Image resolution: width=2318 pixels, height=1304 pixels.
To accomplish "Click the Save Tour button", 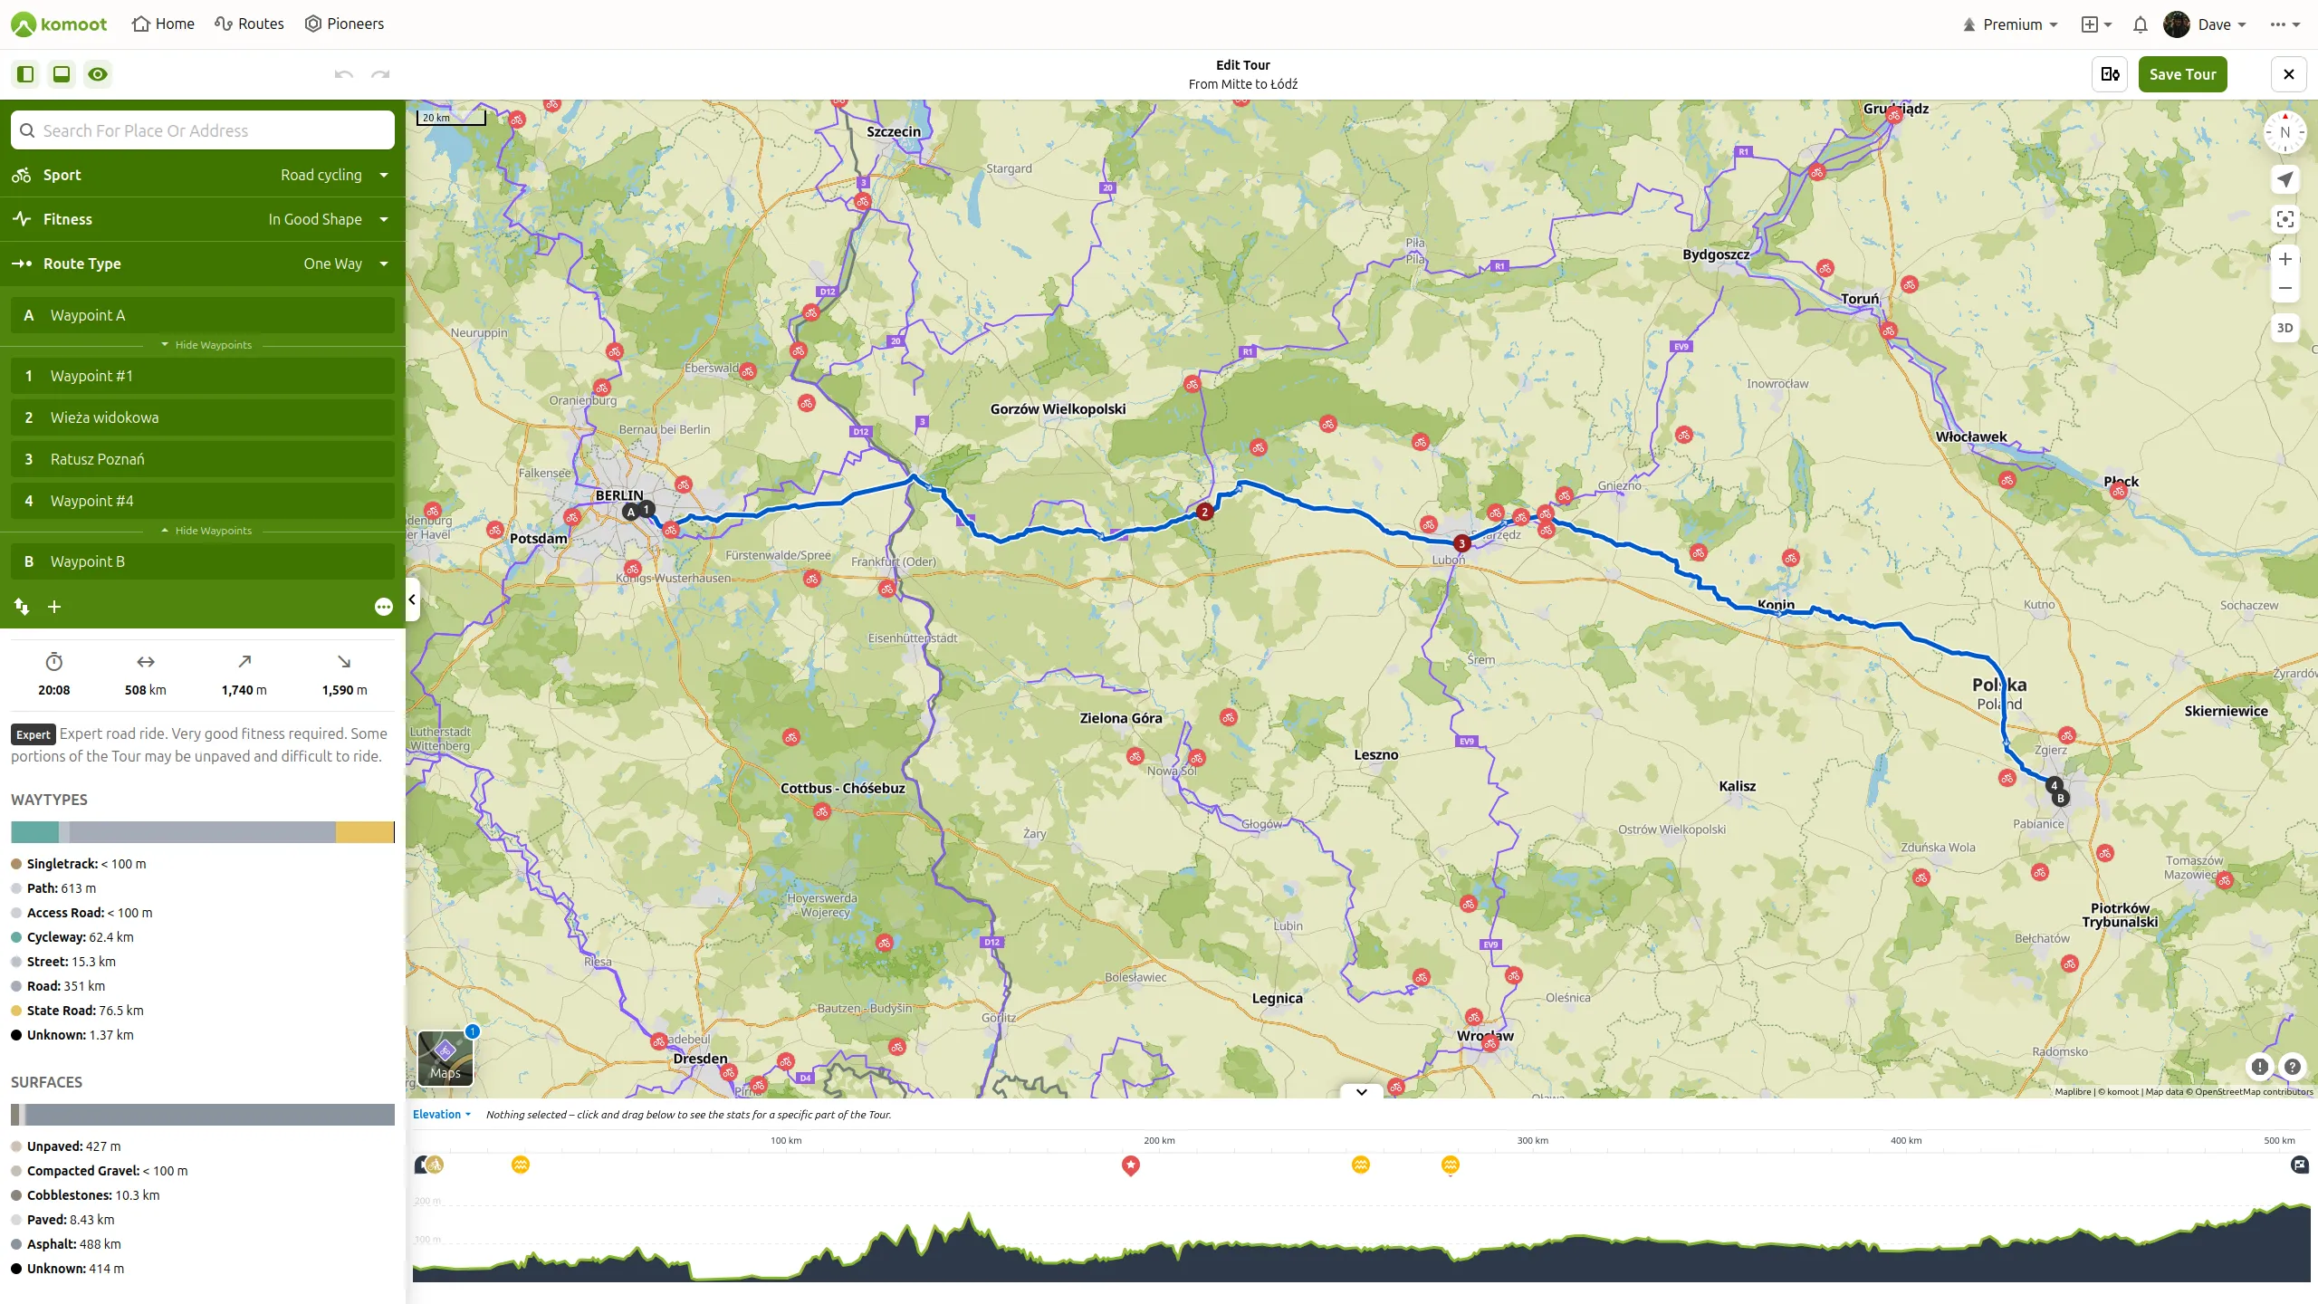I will [2182, 74].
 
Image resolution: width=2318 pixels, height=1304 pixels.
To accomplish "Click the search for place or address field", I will [203, 130].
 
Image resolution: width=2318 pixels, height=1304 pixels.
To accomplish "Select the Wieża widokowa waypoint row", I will [203, 417].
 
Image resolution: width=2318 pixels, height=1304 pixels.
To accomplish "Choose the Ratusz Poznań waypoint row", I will [203, 459].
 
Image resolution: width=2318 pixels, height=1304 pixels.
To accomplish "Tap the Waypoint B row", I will [203, 561].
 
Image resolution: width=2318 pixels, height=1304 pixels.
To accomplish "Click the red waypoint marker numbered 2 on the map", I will [1204, 512].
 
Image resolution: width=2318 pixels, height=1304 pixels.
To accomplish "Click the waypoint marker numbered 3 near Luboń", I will [1461, 543].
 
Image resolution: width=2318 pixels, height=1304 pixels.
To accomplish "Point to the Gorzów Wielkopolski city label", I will [1058, 409].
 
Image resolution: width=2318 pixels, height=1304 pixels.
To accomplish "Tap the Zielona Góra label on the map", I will [1120, 718].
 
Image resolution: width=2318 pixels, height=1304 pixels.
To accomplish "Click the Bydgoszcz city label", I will [1716, 254].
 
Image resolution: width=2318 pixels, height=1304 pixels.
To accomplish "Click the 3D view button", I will [2284, 328].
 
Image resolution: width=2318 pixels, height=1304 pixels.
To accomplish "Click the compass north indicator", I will [2284, 132].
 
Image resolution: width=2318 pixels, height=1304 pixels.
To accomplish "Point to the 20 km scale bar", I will [451, 118].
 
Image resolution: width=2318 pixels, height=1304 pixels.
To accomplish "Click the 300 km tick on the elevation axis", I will [1532, 1141].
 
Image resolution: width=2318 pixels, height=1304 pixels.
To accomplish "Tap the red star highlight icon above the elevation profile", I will [1130, 1165].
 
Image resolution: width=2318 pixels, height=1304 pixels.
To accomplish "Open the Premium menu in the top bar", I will [2010, 24].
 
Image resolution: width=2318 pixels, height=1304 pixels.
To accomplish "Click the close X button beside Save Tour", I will [2288, 74].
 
